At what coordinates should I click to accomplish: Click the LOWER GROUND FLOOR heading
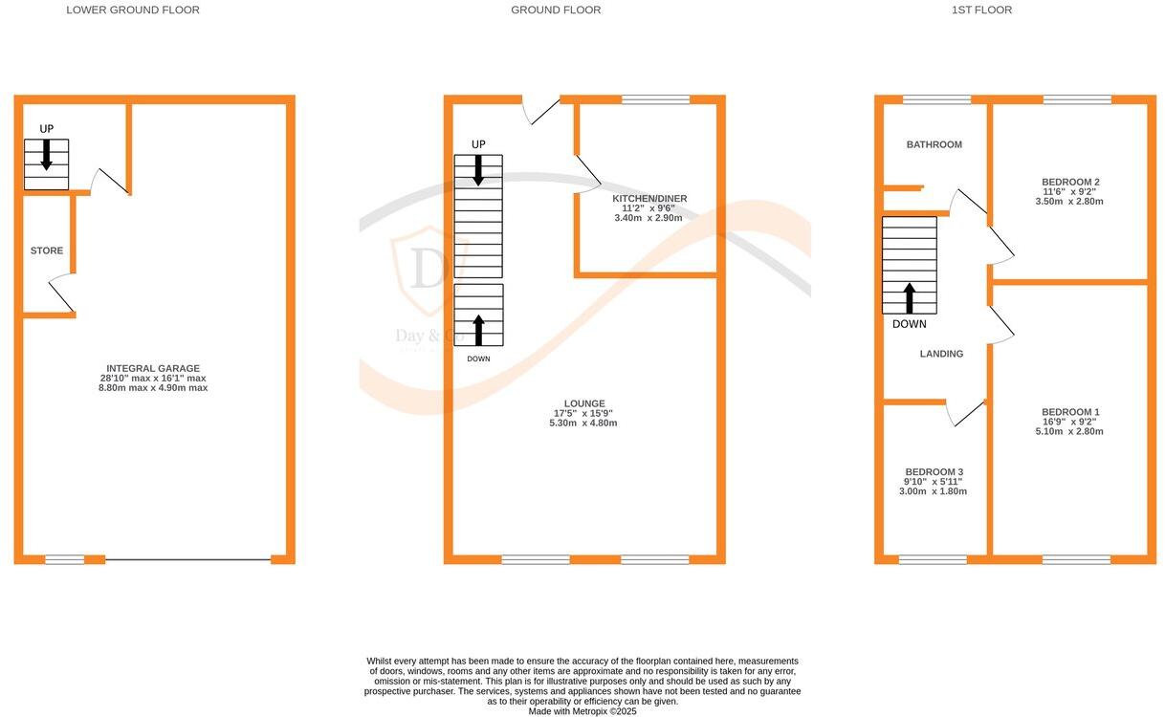pyautogui.click(x=133, y=11)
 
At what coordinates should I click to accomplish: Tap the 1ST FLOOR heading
pyautogui.click(x=981, y=11)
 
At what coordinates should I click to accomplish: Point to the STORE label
pyautogui.click(x=47, y=250)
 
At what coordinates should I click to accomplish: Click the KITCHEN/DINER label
pyautogui.click(x=649, y=199)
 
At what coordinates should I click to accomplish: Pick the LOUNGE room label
pyautogui.click(x=583, y=403)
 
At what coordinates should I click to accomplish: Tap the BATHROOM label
pyautogui.click(x=934, y=144)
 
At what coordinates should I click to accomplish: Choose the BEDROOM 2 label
pyautogui.click(x=1070, y=182)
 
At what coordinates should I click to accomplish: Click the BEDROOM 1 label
pyautogui.click(x=1070, y=412)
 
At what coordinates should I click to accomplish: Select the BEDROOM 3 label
pyautogui.click(x=934, y=472)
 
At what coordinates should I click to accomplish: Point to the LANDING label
pyautogui.click(x=941, y=354)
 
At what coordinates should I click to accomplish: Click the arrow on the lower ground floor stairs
pyautogui.click(x=46, y=155)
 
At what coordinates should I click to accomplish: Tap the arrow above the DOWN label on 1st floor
pyautogui.click(x=909, y=297)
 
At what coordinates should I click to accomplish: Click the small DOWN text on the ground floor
pyautogui.click(x=478, y=358)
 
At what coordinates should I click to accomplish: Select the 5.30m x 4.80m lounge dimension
pyautogui.click(x=583, y=423)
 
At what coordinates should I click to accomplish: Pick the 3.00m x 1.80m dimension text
pyautogui.click(x=934, y=491)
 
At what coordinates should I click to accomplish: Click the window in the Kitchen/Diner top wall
pyautogui.click(x=655, y=99)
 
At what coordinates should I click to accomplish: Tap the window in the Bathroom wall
pyautogui.click(x=936, y=99)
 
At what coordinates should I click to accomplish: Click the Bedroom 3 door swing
pyautogui.click(x=965, y=413)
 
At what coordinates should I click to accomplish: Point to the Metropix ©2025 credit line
pyautogui.click(x=582, y=711)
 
